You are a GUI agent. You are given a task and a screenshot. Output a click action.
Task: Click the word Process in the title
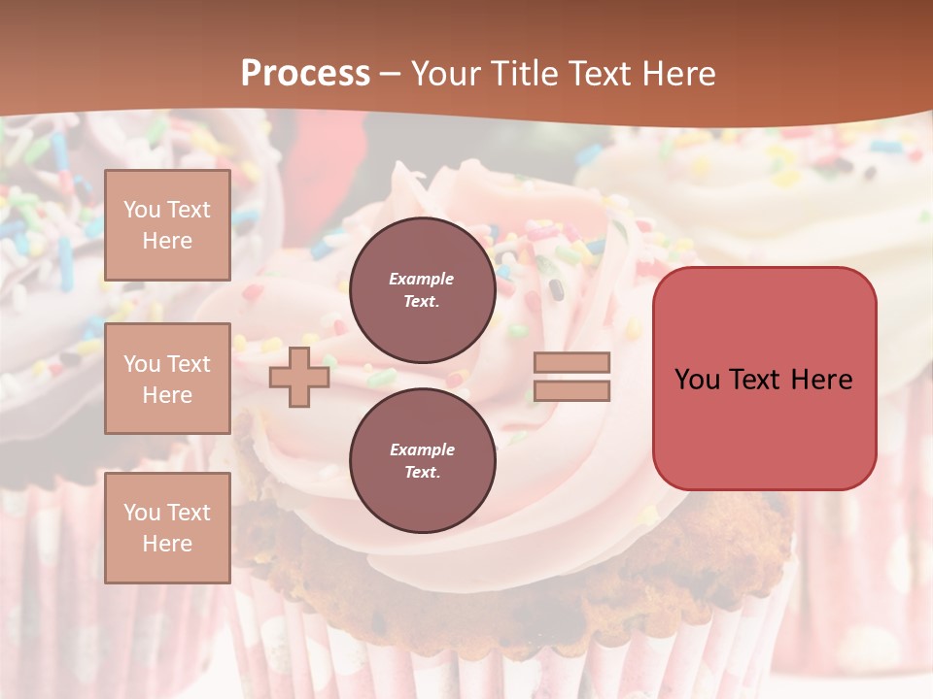click(x=305, y=74)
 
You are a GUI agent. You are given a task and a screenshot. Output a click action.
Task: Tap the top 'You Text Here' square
click(x=167, y=225)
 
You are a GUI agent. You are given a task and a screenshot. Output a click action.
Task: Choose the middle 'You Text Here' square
click(x=167, y=379)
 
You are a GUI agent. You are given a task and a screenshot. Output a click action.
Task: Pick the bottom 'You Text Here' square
click(x=167, y=527)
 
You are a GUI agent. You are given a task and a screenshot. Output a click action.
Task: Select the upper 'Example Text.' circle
click(x=422, y=289)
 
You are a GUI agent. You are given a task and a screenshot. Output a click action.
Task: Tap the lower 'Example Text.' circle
click(x=422, y=460)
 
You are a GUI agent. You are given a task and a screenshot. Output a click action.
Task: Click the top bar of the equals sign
click(x=572, y=363)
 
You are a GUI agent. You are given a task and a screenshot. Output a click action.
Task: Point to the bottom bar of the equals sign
click(x=572, y=390)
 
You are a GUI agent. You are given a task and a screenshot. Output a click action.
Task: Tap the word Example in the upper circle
click(x=422, y=279)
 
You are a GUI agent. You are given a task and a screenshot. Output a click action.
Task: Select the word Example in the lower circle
click(x=422, y=449)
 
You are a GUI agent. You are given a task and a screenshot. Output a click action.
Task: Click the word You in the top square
click(x=141, y=210)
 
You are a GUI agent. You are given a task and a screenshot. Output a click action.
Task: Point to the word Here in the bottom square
click(x=167, y=544)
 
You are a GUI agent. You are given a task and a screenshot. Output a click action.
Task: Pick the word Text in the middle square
click(x=189, y=364)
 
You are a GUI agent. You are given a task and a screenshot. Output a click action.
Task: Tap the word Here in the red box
click(x=821, y=380)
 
